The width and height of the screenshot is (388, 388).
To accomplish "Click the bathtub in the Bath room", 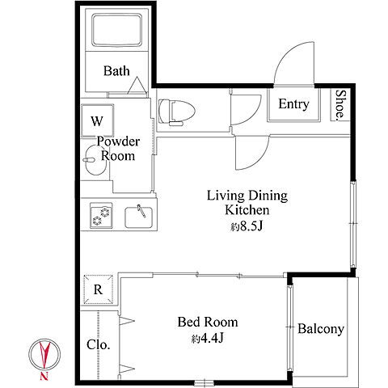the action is [116, 30].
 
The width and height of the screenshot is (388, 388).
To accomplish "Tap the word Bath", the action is [116, 71].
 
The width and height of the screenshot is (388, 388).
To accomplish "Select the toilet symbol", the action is [177, 112].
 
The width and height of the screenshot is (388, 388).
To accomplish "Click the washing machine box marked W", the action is [97, 120].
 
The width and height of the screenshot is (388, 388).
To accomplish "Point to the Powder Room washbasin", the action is [95, 160].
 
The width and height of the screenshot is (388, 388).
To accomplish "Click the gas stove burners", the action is [101, 216].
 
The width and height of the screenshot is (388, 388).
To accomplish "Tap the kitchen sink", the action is [138, 217].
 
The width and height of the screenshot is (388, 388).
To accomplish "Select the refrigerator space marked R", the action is [98, 289].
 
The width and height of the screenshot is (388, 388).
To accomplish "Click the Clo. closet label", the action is [98, 344].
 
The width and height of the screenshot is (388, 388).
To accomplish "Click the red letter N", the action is [44, 376].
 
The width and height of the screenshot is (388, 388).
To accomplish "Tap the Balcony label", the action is [321, 329].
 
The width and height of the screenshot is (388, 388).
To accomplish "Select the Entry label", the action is [293, 104].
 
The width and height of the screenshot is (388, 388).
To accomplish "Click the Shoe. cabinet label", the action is [340, 104].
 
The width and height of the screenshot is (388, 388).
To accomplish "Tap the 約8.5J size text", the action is [247, 226].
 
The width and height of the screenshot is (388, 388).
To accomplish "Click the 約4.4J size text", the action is [208, 338].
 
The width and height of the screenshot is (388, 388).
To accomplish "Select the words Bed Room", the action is [208, 322].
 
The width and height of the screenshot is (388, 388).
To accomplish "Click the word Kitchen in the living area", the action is [247, 210].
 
